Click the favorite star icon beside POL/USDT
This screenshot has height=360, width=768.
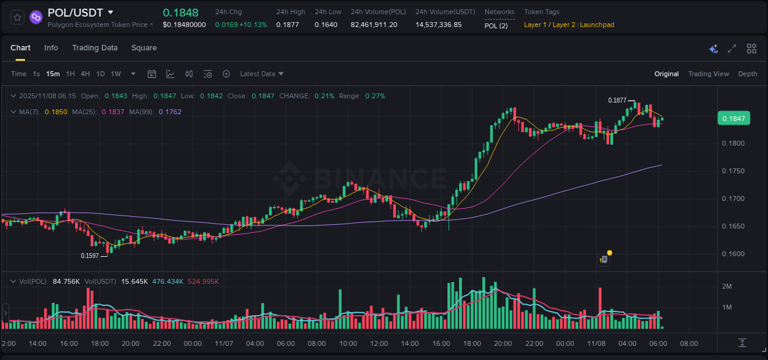click(x=18, y=17)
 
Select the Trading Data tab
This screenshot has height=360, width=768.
click(x=95, y=48)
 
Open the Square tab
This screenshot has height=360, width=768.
click(x=144, y=48)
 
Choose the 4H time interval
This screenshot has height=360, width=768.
click(x=85, y=74)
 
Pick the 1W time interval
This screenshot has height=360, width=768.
click(x=116, y=74)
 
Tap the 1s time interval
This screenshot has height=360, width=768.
click(x=36, y=74)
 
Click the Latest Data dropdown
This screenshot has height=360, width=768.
click(x=262, y=74)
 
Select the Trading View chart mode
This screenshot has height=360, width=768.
click(x=708, y=74)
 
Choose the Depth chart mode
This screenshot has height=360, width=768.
click(x=748, y=74)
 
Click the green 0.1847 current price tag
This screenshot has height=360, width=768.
click(x=734, y=119)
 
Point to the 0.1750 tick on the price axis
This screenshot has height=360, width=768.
click(x=733, y=171)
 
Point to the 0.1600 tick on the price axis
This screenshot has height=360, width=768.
click(x=733, y=254)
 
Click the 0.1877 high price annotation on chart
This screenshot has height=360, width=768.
click(x=617, y=100)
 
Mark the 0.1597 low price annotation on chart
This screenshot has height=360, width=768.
click(x=90, y=256)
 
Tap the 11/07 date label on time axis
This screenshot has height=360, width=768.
click(x=224, y=343)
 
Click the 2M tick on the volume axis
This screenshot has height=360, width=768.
click(x=726, y=286)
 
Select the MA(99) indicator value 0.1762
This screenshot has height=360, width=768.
click(x=170, y=112)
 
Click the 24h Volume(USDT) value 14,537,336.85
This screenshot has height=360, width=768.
click(x=438, y=25)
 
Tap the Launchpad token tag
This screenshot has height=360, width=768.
click(x=597, y=25)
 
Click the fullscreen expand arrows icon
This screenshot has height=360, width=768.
click(x=732, y=49)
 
